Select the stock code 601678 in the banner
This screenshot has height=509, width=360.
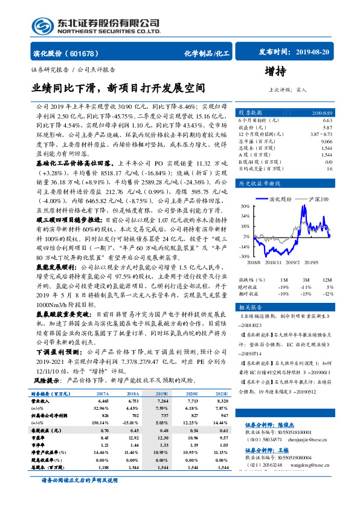pyautogui.click(x=88, y=54)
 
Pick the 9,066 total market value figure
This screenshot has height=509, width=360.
pyautogui.click(x=326, y=141)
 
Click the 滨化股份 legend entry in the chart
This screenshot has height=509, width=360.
pyautogui.click(x=281, y=198)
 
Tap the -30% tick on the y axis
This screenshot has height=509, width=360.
pyautogui.click(x=245, y=256)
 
